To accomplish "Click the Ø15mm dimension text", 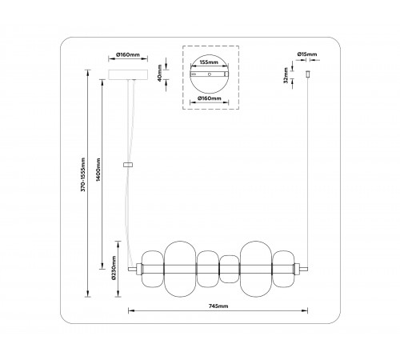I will pos(306,55).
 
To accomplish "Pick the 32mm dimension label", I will pos(286,74).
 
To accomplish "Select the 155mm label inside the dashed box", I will pos(210,61).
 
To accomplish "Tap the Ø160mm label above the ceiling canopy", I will pos(128,55).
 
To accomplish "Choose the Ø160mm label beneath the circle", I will pos(210,100).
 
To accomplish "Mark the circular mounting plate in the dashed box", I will pos(210,78).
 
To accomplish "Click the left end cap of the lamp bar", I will pos(139,266).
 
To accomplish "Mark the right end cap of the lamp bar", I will pos(298,266).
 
